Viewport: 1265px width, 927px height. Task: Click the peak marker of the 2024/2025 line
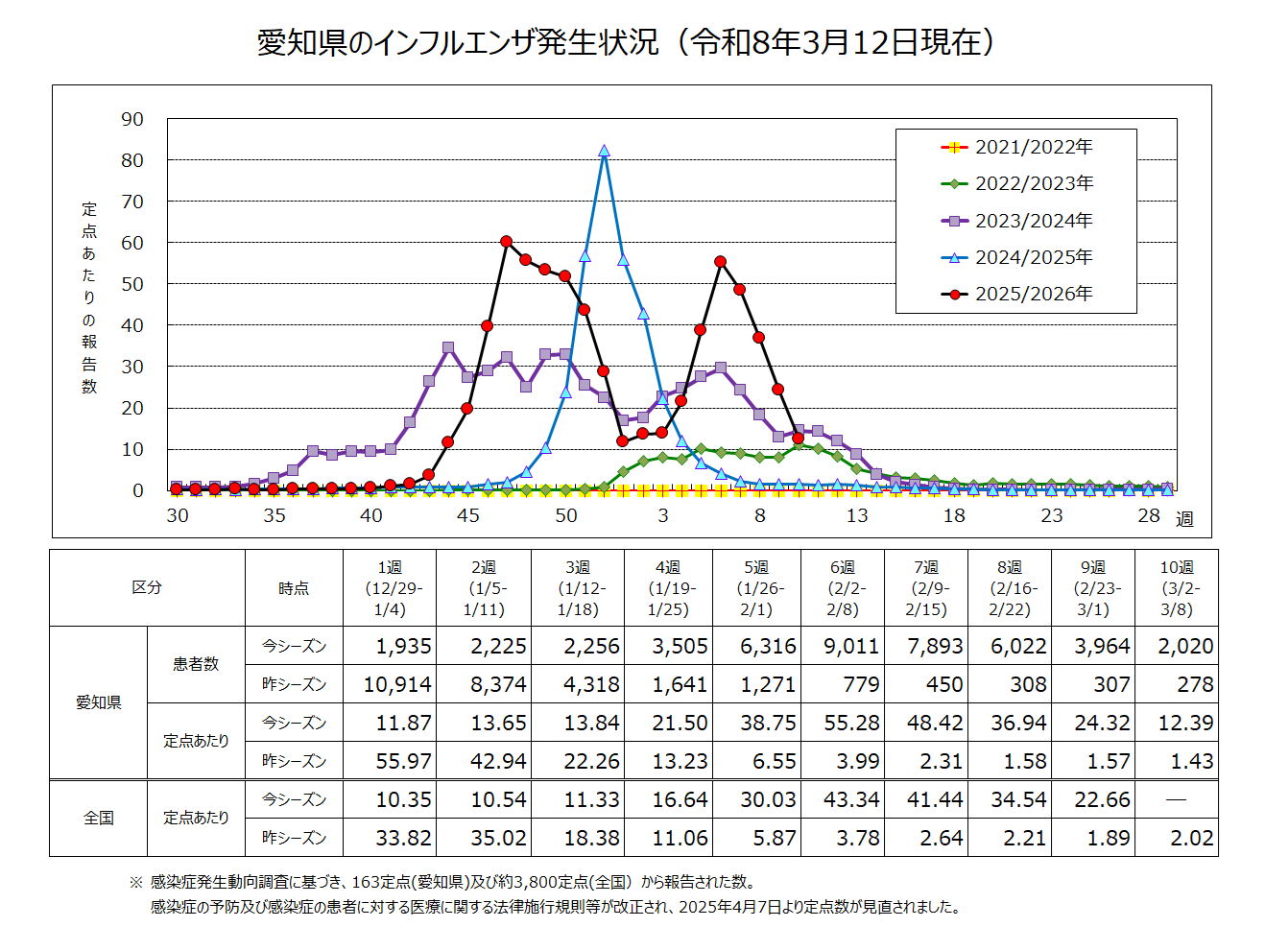coord(604,152)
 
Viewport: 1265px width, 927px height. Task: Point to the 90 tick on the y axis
coord(132,119)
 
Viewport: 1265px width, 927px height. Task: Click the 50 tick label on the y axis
coord(132,284)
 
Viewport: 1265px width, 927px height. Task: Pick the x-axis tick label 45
coord(467,515)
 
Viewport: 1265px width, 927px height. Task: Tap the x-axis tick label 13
coord(856,515)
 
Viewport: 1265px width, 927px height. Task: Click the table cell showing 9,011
coord(851,646)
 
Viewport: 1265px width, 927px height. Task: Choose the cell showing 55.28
coord(851,723)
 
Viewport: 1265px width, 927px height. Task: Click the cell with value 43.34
coord(851,799)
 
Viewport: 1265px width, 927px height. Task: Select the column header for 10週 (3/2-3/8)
coord(1176,588)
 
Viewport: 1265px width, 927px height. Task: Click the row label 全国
coord(99,818)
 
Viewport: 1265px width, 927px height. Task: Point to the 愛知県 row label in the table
coord(99,702)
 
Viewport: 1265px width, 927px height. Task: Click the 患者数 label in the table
coord(196,664)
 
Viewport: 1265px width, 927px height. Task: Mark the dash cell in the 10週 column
coord(1176,799)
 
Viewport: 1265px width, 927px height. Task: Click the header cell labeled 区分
coord(147,587)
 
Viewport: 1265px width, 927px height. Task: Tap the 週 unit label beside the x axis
coord(1184,519)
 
